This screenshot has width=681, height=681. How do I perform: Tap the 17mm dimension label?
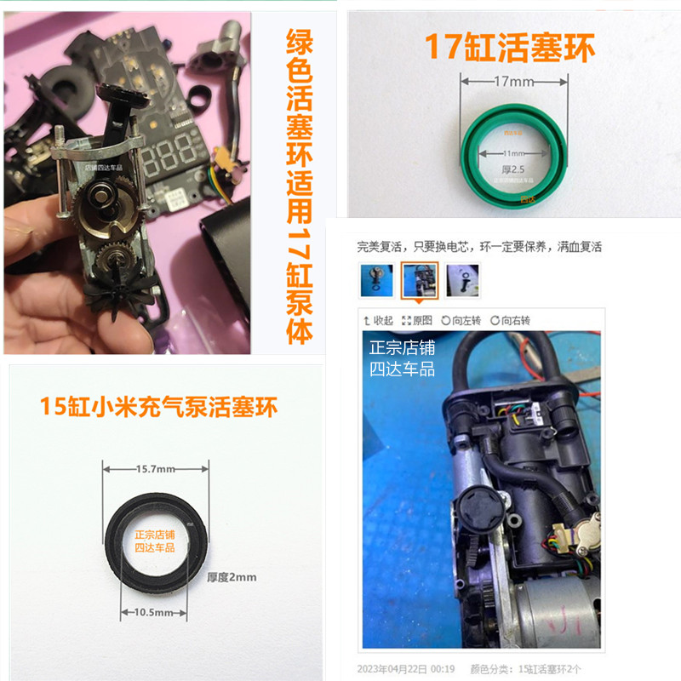point(513,83)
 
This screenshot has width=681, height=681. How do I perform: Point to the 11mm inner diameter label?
point(513,152)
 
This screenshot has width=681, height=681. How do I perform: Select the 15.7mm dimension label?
point(155,468)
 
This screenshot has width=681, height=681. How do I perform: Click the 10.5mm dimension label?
point(155,612)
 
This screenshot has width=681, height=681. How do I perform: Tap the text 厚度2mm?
point(232,576)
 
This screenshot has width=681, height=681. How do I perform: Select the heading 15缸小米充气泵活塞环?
point(159,406)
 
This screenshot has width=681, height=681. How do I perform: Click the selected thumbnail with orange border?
point(420,280)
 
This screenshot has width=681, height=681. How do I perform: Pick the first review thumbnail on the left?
point(376,280)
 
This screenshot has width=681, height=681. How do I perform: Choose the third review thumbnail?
point(462,280)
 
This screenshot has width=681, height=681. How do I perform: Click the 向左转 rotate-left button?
point(461,320)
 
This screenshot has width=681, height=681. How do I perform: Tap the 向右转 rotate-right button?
point(510,320)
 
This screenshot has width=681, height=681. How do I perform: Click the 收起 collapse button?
point(378,320)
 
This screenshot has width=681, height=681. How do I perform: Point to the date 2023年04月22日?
point(400,667)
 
